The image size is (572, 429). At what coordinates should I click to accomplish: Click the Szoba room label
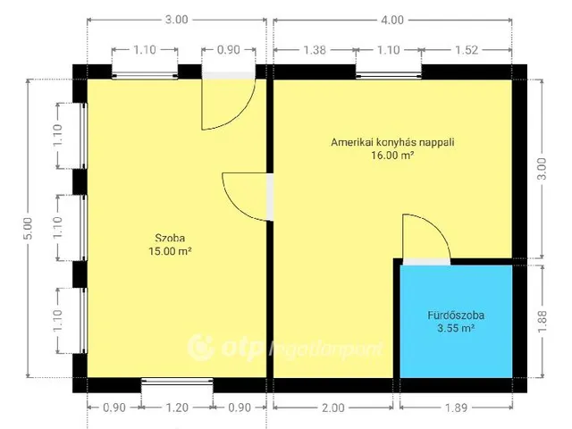point(171,238)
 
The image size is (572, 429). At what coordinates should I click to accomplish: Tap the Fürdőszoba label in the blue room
point(456,315)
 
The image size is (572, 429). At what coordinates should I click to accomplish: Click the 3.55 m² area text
point(456,328)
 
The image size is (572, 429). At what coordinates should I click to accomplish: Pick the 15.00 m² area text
point(171,251)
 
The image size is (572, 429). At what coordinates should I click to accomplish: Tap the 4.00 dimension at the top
point(391,20)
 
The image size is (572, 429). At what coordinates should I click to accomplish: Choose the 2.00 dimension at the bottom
point(332,408)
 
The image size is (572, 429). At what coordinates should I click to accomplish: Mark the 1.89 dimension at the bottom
point(455,408)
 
